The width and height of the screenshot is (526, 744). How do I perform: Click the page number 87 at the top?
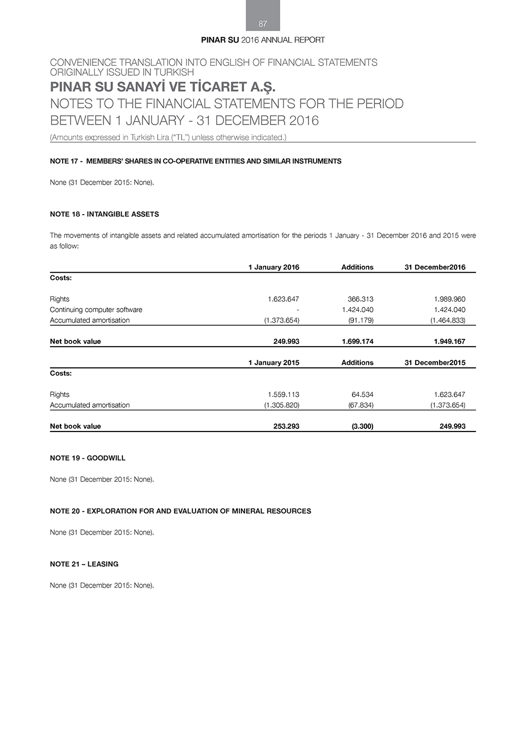click(263, 24)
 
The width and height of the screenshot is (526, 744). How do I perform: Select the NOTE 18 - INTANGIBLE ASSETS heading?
click(104, 214)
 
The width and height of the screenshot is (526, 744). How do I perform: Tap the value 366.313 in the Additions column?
click(360, 299)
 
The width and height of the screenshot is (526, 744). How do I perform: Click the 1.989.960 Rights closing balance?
click(450, 299)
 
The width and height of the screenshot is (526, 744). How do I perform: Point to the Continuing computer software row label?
click(96, 309)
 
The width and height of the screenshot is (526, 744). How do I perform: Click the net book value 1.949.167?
click(450, 341)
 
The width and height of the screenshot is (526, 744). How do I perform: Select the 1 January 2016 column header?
click(274, 267)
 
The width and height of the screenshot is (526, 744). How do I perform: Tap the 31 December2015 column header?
click(435, 363)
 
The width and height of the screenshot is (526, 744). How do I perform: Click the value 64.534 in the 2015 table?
click(362, 395)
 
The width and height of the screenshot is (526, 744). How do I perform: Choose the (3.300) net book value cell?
click(362, 426)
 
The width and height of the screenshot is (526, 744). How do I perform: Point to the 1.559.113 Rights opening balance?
click(284, 395)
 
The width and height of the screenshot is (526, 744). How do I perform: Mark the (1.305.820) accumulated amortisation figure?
click(281, 405)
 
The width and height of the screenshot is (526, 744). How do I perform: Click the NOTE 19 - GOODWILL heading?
click(88, 458)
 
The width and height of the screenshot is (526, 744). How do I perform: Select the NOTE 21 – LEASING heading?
click(84, 564)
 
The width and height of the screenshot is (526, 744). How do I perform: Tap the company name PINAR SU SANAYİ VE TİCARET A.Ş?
click(163, 86)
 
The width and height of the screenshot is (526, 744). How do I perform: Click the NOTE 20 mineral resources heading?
click(180, 511)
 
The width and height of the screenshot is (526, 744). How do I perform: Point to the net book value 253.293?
click(286, 426)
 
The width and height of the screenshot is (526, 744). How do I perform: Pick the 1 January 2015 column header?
click(274, 363)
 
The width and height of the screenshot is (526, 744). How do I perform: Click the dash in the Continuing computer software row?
click(298, 310)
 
